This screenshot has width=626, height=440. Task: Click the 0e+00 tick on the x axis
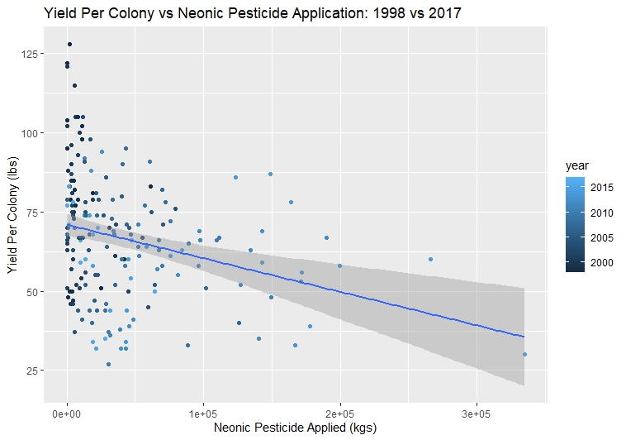click(x=67, y=412)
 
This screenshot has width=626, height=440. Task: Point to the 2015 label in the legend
click(x=601, y=187)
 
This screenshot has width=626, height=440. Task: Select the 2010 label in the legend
click(x=601, y=213)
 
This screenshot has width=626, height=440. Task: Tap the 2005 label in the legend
click(x=601, y=237)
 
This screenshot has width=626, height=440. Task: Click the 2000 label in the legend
click(x=601, y=262)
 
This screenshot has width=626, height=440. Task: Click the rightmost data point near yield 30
click(x=524, y=354)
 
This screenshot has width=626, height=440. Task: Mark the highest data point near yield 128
click(x=69, y=45)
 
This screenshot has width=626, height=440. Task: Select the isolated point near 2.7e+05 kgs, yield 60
click(x=430, y=259)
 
